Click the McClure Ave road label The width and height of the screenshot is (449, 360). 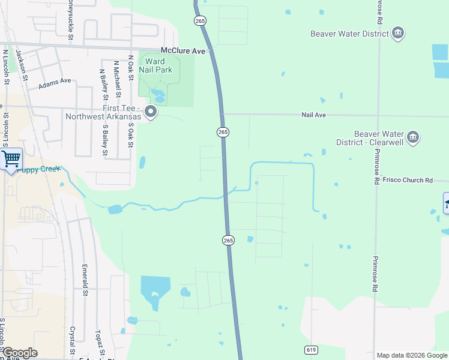pos(183,52)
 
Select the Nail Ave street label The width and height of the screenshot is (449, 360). pos(313,115)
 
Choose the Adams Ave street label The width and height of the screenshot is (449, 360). pos(55,83)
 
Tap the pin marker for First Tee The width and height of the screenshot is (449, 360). pos(151,112)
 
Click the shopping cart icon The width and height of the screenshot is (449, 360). pos(11,159)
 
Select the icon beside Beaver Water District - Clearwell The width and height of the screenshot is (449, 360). pos(413,137)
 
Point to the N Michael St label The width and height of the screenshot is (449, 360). pos(118,79)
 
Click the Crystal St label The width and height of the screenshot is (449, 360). pos(72,340)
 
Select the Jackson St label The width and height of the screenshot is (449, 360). pos(22,64)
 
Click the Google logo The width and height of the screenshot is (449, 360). pos(19,353)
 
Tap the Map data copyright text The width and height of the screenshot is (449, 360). pos(411,355)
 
